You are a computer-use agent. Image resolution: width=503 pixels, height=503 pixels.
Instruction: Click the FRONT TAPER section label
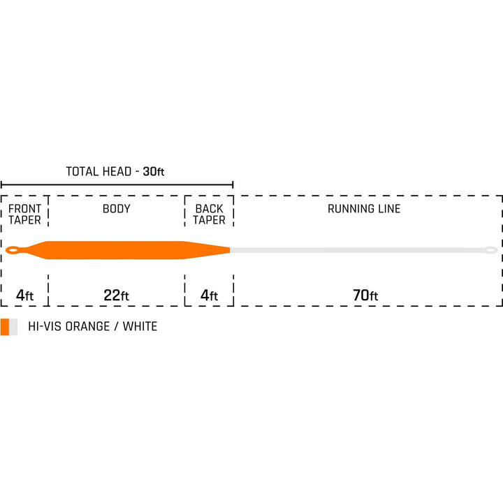click(24, 214)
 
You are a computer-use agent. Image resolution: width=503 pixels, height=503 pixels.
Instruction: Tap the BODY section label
click(117, 209)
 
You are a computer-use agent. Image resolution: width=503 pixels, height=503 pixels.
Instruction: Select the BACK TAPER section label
click(209, 214)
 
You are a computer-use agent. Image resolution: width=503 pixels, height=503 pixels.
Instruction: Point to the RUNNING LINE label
click(364, 209)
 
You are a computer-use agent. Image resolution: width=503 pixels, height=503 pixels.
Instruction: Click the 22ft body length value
click(116, 295)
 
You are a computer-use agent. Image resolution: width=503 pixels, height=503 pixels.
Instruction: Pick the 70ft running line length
click(365, 295)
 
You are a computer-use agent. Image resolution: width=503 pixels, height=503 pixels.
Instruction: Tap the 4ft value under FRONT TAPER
click(24, 295)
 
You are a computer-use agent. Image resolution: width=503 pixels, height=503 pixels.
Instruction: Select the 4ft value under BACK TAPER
click(209, 295)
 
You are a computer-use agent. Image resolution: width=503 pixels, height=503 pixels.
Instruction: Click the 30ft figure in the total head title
click(154, 172)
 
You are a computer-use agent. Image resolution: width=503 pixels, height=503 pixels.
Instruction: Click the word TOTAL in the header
click(82, 172)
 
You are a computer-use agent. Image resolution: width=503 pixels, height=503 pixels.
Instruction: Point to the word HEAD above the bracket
click(116, 172)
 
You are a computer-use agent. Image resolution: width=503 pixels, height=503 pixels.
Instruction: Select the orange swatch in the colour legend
click(5, 327)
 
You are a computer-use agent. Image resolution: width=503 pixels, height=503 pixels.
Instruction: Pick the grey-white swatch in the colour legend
click(13, 327)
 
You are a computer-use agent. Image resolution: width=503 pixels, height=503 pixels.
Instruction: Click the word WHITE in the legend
click(140, 326)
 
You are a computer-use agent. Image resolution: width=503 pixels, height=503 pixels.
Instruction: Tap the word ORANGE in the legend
click(87, 326)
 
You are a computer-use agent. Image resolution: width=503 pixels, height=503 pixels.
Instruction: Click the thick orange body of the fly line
click(115, 250)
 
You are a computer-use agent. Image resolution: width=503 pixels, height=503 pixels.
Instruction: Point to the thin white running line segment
click(358, 250)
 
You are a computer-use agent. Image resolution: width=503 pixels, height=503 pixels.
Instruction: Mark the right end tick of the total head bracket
click(233, 184)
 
